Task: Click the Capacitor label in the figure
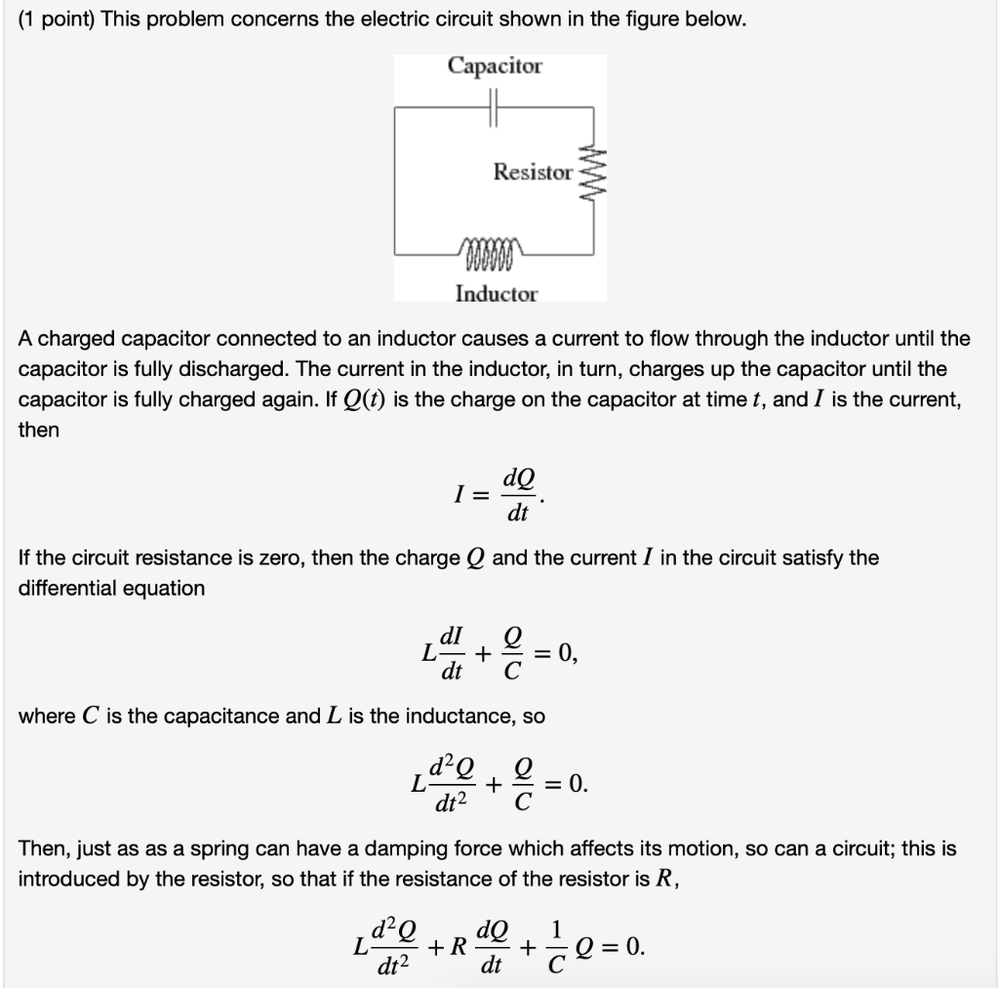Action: pyautogui.click(x=495, y=66)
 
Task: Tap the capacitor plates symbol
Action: pyautogui.click(x=495, y=105)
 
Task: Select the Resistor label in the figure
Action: pyautogui.click(x=533, y=173)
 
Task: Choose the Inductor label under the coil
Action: pyautogui.click(x=497, y=294)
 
